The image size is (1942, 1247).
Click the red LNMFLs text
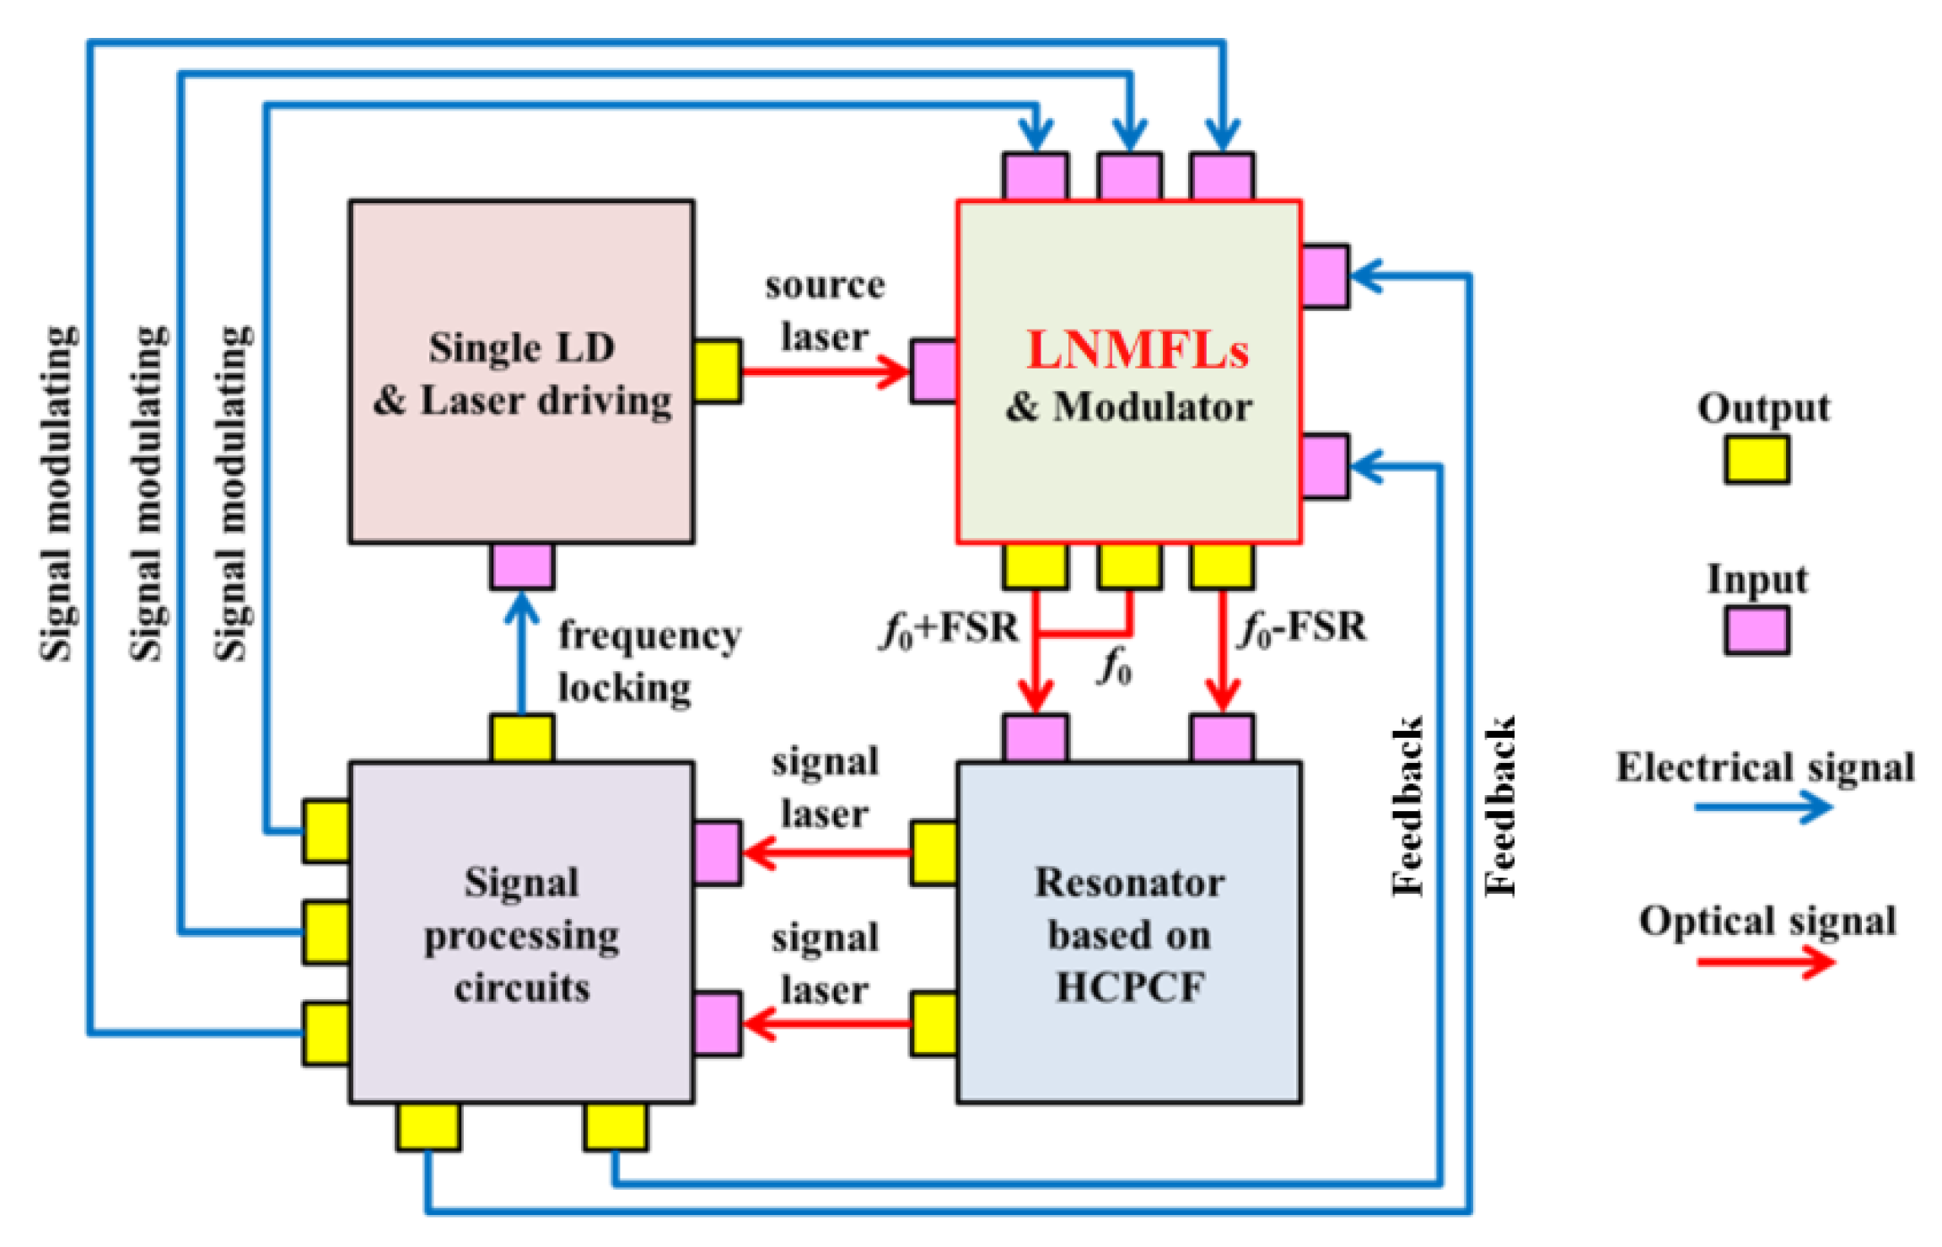pos(1137,350)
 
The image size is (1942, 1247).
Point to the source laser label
pos(825,311)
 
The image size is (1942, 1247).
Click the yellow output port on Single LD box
pos(718,372)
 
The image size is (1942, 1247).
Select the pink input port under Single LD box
pos(522,566)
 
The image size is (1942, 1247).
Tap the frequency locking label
pos(649,661)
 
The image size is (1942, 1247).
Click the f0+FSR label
pos(949,629)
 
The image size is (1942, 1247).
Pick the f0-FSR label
pos(1303,629)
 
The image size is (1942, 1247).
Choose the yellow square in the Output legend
pos(1756,460)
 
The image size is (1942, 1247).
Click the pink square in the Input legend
pos(1756,631)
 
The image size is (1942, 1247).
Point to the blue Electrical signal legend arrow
pos(1763,807)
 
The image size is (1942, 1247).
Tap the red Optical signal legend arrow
pos(1765,962)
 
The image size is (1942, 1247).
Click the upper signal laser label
pos(825,788)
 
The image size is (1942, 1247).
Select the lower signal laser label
pos(825,964)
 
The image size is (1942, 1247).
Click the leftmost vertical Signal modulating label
pos(59,493)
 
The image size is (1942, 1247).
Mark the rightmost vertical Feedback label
pos(1500,806)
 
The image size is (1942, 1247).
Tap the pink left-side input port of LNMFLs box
pos(933,372)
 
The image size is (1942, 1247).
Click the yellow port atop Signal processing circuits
pos(522,738)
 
